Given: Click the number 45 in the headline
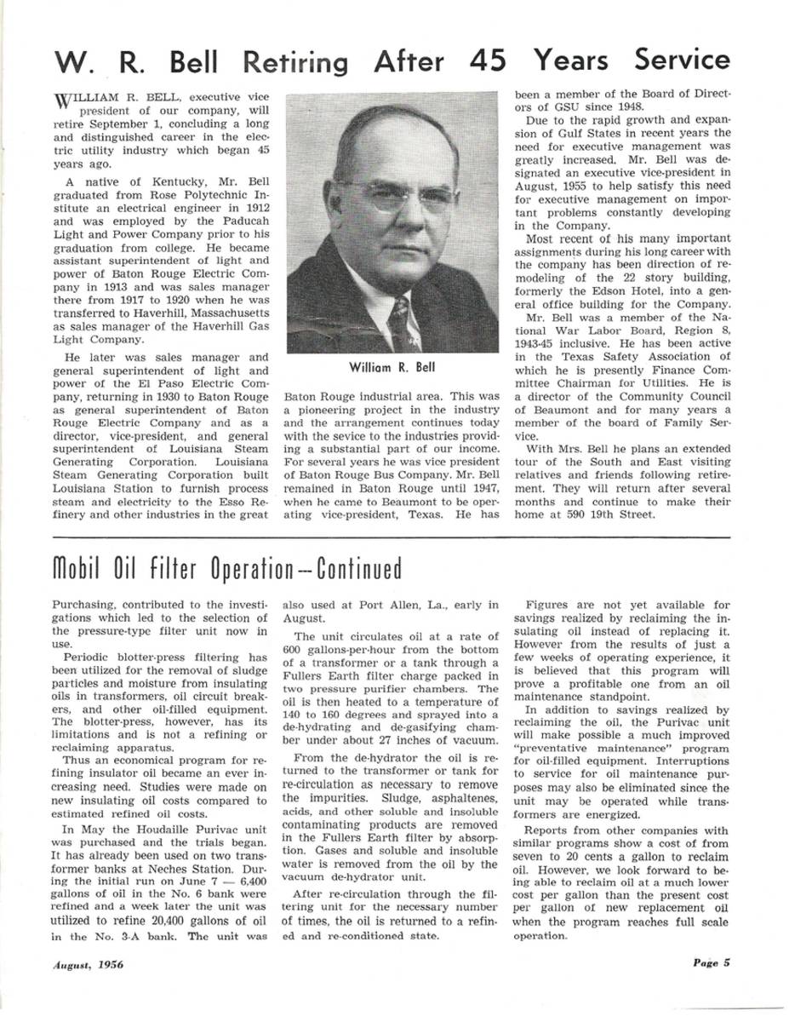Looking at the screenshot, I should [486, 61].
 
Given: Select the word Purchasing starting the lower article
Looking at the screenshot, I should [85, 604].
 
